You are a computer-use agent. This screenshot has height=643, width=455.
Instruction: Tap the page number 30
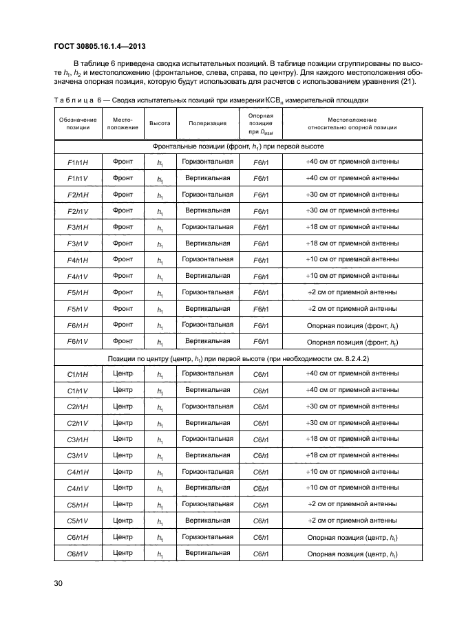tap(59, 583)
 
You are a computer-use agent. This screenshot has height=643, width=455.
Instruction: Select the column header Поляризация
tap(207, 124)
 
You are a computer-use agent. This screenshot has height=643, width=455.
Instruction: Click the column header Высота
tap(160, 124)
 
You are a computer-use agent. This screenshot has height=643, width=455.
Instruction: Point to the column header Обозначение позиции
tap(78, 124)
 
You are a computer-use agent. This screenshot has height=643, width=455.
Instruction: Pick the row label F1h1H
tap(78, 162)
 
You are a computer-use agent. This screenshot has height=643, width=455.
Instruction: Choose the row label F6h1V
tap(78, 341)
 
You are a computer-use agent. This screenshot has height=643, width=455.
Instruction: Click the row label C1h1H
tap(78, 374)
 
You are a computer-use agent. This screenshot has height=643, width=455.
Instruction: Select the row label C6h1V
tap(78, 554)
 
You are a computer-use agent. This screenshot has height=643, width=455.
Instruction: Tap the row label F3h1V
tap(78, 243)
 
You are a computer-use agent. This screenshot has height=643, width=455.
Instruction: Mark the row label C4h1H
tap(78, 472)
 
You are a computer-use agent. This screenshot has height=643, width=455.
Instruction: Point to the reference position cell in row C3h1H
tap(260, 439)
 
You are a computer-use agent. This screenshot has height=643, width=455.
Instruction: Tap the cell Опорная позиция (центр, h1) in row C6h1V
tap(351, 554)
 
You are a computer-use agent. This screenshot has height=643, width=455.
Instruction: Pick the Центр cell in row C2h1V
tap(123, 423)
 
